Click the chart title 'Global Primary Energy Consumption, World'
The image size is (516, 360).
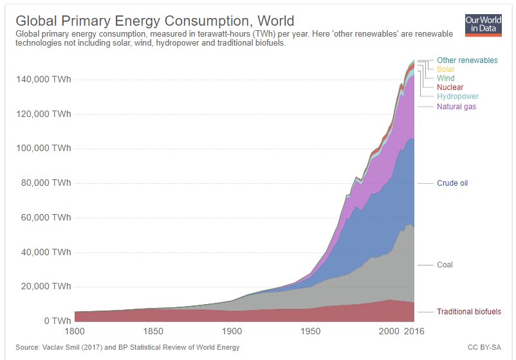click(154, 21)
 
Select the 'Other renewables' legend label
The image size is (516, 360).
click(466, 60)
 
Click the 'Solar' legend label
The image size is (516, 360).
click(445, 69)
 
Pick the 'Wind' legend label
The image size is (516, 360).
click(445, 78)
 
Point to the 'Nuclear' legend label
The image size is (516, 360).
click(450, 87)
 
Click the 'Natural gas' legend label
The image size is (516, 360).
click(456, 106)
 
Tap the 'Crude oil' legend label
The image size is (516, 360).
click(452, 183)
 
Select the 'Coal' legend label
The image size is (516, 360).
click(445, 265)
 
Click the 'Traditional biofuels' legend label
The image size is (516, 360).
click(468, 312)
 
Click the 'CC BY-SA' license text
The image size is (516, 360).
click(485, 348)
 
